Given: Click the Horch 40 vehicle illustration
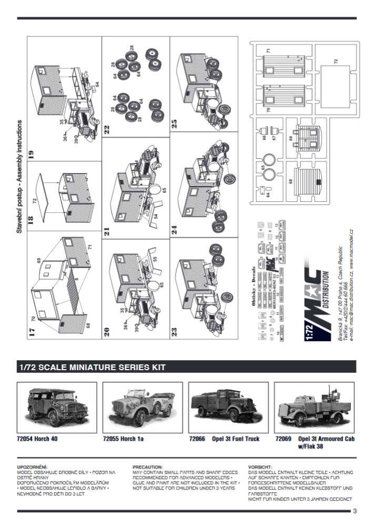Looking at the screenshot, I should pyautogui.click(x=57, y=407).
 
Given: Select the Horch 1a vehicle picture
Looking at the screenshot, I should pyautogui.click(x=142, y=407).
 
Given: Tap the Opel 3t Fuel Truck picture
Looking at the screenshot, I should pyautogui.click(x=227, y=407).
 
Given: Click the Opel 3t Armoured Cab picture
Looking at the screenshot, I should pyautogui.click(x=313, y=407).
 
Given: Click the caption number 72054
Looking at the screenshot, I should pyautogui.click(x=27, y=439).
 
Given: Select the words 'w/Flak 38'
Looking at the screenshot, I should pyautogui.click(x=313, y=446).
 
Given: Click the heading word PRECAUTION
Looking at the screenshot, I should pyautogui.click(x=148, y=467).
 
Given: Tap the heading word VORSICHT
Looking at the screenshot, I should pyautogui.click(x=259, y=467).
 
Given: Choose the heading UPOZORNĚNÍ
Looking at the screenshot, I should pyautogui.click(x=33, y=467).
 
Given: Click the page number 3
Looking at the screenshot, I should pyautogui.click(x=355, y=511).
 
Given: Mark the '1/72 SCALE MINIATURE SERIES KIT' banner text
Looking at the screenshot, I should pyautogui.click(x=93, y=367).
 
